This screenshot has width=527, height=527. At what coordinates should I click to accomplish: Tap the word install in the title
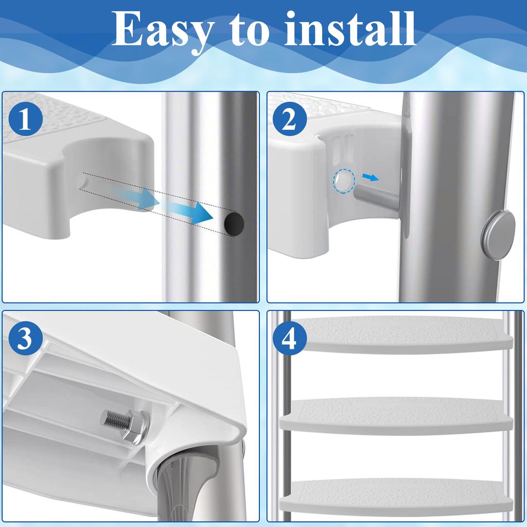coord(350,29)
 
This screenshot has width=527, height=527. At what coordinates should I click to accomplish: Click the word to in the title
coord(250,30)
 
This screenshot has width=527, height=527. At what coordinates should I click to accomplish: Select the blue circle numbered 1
coord(26,119)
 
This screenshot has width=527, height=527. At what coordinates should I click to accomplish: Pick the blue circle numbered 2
coord(290,119)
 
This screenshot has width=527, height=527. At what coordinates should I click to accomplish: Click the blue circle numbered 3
coord(26,338)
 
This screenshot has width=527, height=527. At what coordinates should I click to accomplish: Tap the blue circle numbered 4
coord(290,338)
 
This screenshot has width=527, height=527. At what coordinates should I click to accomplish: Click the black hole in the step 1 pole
coord(234,223)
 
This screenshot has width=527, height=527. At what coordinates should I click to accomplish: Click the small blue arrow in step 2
coord(371,177)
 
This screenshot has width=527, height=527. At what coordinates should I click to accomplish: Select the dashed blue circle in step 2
coord(344,181)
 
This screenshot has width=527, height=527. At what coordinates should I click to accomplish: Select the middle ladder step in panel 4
coord(397,416)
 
